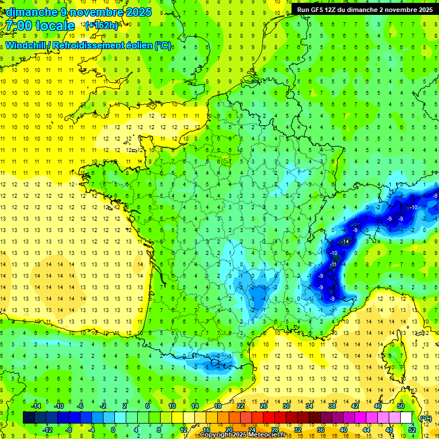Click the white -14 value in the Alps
coord(345,242)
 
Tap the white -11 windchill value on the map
coord(333,265)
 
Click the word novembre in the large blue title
coord(95,11)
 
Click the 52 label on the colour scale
coord(412,429)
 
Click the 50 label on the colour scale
coord(401,406)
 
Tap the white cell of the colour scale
coord(406,417)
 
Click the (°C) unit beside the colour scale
coord(426,418)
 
